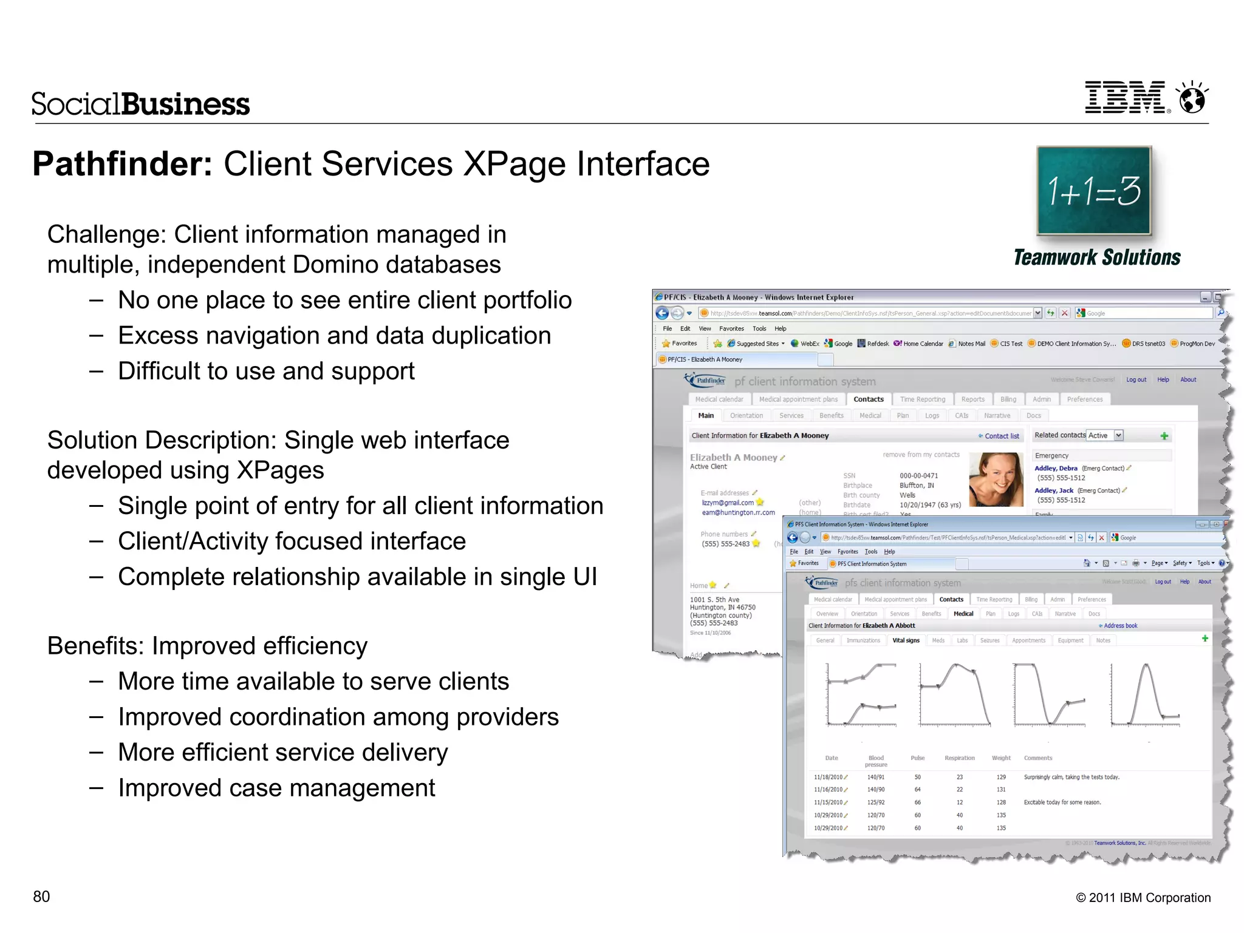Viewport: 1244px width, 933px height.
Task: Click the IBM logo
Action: point(1127,98)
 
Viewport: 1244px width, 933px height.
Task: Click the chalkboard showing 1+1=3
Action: point(1094,191)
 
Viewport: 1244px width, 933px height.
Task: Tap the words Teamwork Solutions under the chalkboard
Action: point(1097,257)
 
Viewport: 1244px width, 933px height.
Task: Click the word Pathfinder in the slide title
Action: point(122,164)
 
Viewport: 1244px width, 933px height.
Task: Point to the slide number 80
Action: point(41,897)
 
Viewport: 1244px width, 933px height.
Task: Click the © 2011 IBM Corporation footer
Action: point(1143,898)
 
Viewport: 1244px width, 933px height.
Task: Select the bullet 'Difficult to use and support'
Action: point(266,371)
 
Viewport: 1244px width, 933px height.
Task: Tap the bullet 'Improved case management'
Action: point(276,788)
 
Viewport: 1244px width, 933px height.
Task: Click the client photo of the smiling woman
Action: point(996,480)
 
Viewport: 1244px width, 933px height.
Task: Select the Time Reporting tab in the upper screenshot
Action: point(922,399)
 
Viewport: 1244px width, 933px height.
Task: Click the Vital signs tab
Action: point(906,640)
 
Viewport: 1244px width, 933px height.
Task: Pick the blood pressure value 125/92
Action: point(876,802)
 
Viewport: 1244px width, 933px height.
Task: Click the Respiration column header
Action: point(959,758)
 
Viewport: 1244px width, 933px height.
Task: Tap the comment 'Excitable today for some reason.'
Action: point(1062,802)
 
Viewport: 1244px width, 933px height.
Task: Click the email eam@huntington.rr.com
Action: point(738,512)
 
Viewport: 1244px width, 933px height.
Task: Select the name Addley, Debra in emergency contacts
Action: point(1056,469)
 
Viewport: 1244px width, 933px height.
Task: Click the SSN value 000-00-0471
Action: point(918,476)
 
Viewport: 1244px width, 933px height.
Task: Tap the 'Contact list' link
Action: point(1001,436)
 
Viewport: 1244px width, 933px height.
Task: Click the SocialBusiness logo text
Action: point(140,104)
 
